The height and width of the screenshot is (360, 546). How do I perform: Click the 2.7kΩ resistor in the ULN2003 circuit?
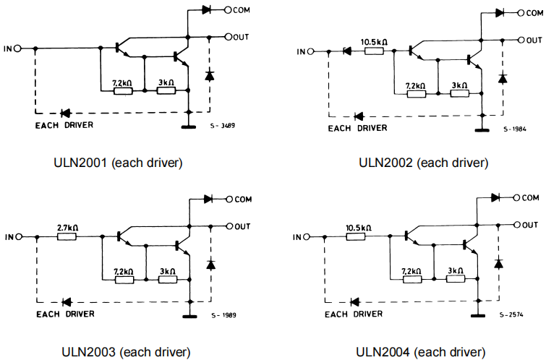pyautogui.click(x=67, y=236)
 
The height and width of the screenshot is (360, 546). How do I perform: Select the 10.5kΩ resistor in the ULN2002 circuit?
pyautogui.click(x=375, y=51)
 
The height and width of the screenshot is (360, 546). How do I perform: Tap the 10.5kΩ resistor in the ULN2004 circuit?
pyautogui.click(x=359, y=236)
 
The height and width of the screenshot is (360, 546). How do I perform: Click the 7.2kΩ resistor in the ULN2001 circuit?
pyautogui.click(x=122, y=90)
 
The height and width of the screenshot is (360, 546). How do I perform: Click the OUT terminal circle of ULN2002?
pyautogui.click(x=519, y=40)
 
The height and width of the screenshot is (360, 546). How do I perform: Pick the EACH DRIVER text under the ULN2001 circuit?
pyautogui.click(x=64, y=124)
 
